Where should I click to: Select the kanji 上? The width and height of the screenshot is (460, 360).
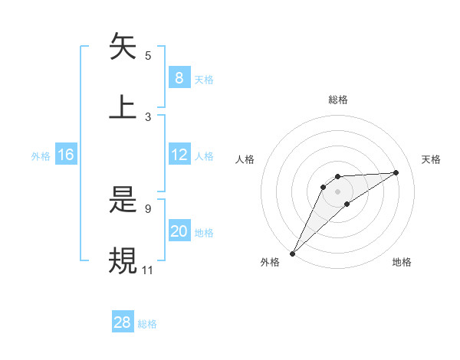[x=123, y=106]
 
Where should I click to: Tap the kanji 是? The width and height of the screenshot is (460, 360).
[x=123, y=201]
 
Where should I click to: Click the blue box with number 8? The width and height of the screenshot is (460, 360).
[x=179, y=77]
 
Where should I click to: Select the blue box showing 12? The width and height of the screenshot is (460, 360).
[x=179, y=155]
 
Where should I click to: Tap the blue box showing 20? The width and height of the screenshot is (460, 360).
[x=179, y=231]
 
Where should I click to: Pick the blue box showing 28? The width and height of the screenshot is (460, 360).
[x=123, y=322]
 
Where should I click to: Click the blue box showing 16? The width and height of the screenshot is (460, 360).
[x=66, y=155]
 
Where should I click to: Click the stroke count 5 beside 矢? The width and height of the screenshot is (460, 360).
[x=148, y=55]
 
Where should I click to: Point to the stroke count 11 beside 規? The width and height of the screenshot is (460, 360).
[x=148, y=270]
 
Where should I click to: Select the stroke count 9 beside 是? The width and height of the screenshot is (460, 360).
[x=148, y=208]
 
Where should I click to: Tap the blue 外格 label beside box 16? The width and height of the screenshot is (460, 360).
[x=41, y=155]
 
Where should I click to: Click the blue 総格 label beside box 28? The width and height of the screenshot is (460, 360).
[x=147, y=323]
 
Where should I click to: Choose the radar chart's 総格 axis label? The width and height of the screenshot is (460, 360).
[x=338, y=100]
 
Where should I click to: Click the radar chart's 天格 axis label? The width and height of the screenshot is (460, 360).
[x=431, y=159]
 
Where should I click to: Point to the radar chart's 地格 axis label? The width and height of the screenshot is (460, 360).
[x=402, y=262]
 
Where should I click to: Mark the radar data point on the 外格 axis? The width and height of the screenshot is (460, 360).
[x=292, y=253]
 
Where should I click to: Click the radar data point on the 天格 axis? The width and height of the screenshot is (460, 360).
[x=396, y=172]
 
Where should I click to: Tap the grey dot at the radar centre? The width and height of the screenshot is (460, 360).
[x=337, y=191]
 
